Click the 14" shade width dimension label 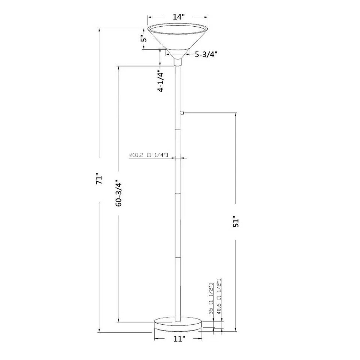tap(178, 17)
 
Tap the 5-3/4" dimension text tap(206, 55)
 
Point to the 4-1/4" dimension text tap(161, 82)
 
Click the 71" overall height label tap(99, 179)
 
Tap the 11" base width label tap(178, 339)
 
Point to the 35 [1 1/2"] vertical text tap(212, 299)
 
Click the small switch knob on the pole tap(183, 113)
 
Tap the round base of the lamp tap(178, 324)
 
